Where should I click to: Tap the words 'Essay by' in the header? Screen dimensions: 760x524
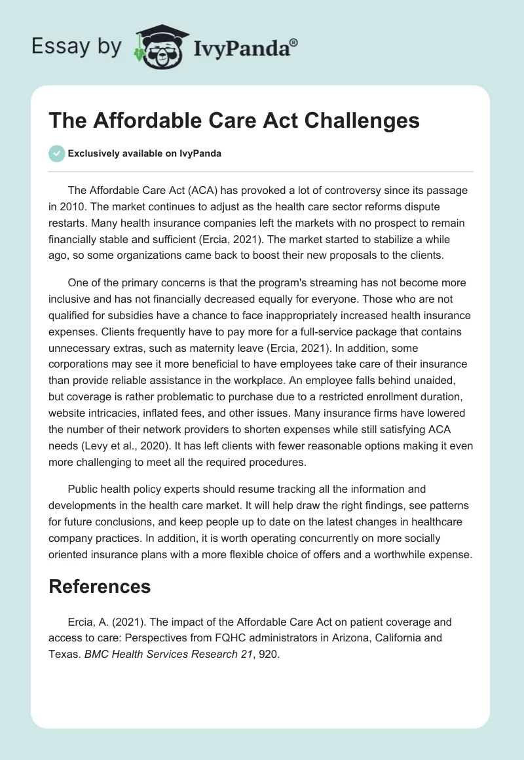click(77, 47)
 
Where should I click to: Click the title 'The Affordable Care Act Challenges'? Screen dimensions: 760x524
click(234, 121)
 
